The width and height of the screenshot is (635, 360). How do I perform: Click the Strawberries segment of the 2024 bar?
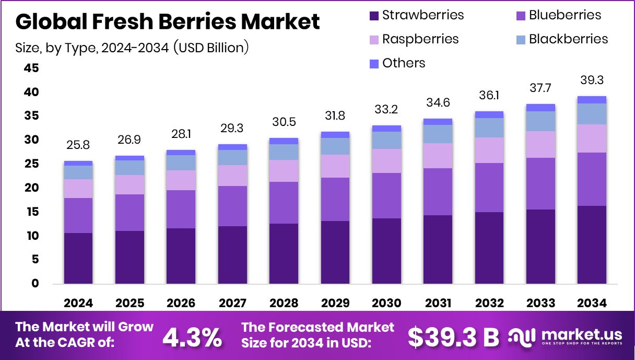(x=78, y=258)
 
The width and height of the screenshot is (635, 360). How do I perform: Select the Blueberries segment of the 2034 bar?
(x=592, y=179)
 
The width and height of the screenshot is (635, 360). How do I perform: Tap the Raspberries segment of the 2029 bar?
(x=335, y=166)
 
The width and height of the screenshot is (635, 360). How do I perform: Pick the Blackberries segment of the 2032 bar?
(x=489, y=127)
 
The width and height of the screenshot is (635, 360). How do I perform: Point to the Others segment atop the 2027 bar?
(x=232, y=147)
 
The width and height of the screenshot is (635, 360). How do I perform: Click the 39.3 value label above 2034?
(x=592, y=80)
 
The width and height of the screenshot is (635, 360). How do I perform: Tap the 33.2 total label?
(x=386, y=110)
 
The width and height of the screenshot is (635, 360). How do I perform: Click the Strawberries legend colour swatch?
(x=374, y=16)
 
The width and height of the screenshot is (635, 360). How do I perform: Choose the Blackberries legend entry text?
(x=568, y=39)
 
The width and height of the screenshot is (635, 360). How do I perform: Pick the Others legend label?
(x=404, y=63)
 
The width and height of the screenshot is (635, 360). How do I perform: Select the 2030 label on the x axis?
(x=386, y=303)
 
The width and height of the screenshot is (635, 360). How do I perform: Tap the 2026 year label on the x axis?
(x=181, y=303)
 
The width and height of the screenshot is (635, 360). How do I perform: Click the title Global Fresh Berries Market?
(x=168, y=22)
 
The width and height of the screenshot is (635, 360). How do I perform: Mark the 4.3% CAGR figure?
(x=192, y=338)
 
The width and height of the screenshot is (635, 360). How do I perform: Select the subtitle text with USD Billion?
(x=132, y=48)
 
